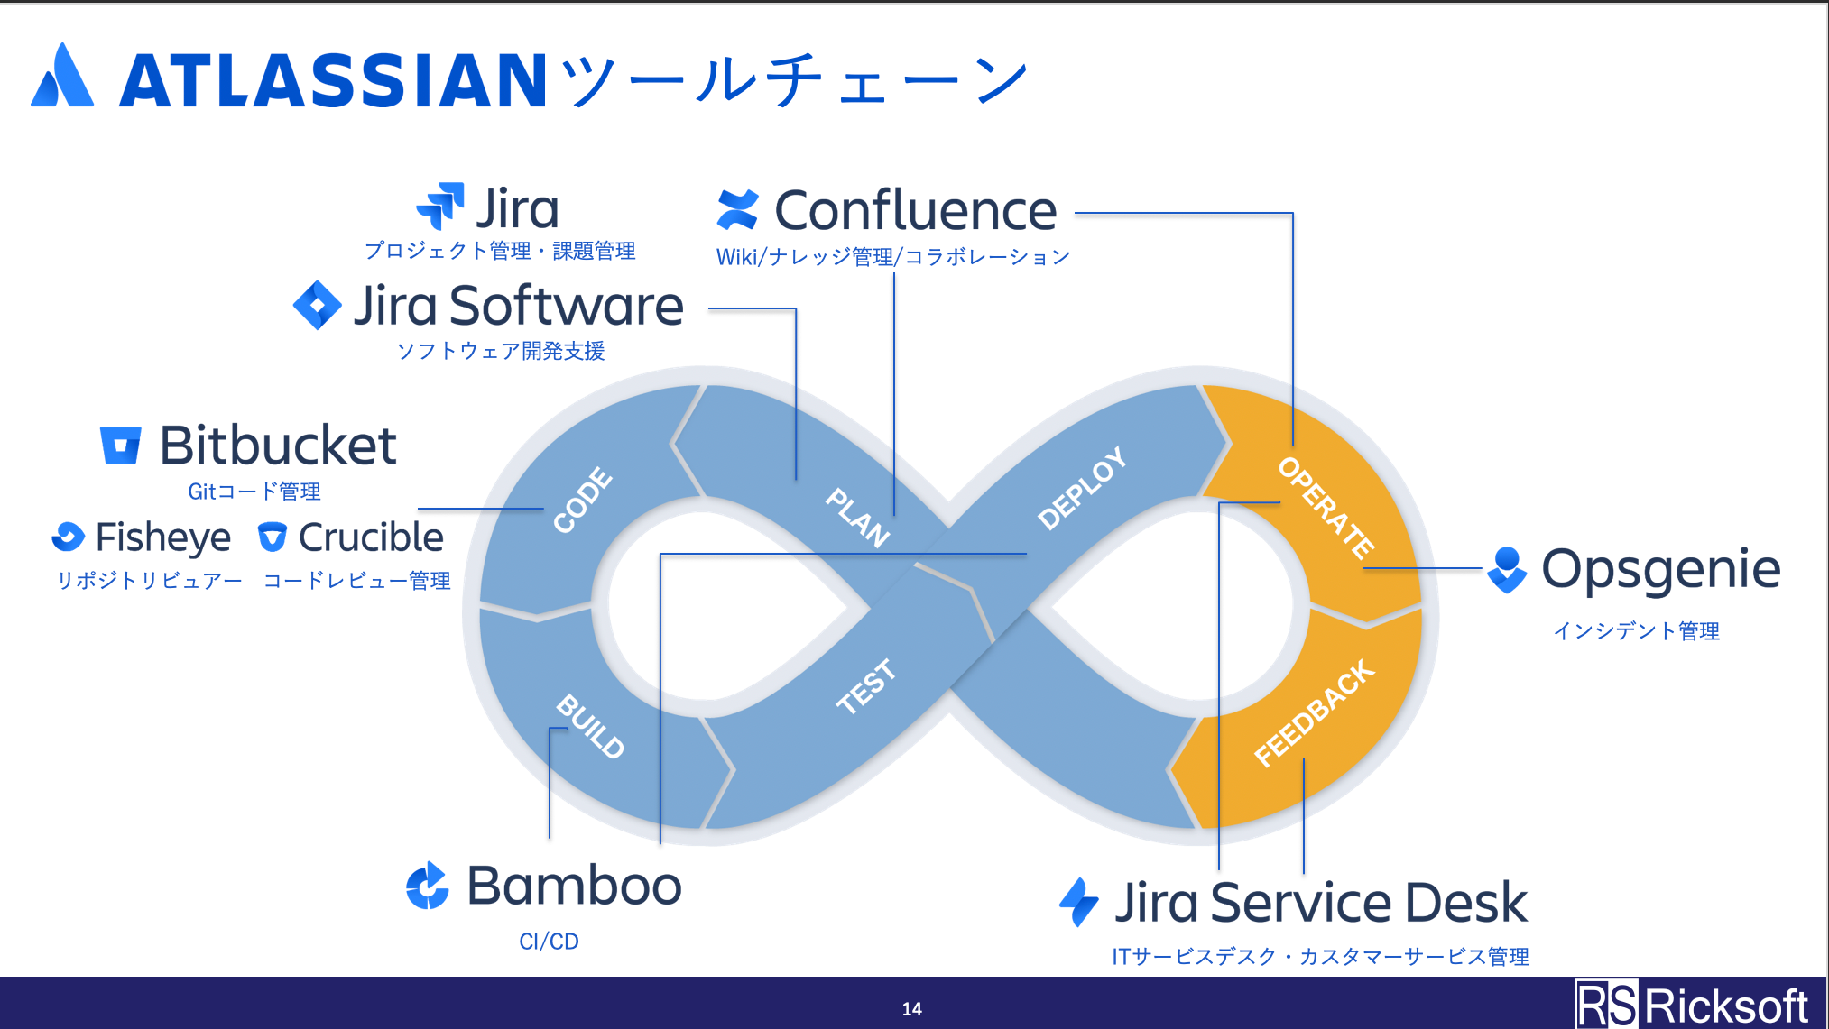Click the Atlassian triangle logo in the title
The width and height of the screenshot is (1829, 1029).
tap(62, 76)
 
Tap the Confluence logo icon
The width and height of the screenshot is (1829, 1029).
tap(737, 209)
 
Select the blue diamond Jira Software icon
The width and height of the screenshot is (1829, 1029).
tap(318, 305)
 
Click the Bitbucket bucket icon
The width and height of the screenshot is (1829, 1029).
tap(120, 446)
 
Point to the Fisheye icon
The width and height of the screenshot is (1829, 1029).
tap(68, 537)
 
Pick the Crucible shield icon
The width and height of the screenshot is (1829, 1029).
tap(272, 537)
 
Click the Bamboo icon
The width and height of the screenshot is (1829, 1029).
tap(427, 886)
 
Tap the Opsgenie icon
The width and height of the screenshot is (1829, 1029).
tap(1507, 570)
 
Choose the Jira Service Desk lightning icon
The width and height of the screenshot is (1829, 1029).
tap(1079, 902)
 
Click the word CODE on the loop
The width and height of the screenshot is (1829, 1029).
tap(583, 500)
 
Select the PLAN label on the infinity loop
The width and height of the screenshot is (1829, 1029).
tap(858, 517)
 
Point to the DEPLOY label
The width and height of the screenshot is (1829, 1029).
tap(1082, 488)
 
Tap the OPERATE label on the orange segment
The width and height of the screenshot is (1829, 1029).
tap(1326, 508)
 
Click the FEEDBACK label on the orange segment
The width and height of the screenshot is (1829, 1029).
tap(1315, 712)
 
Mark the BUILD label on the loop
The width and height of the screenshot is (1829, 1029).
tap(590, 726)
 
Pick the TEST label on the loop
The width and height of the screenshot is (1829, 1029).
tap(866, 685)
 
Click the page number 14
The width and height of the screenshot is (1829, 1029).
tap(911, 1009)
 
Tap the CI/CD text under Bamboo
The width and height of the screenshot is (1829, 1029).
tap(549, 942)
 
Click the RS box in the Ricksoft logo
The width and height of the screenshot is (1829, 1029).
tap(1607, 1005)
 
